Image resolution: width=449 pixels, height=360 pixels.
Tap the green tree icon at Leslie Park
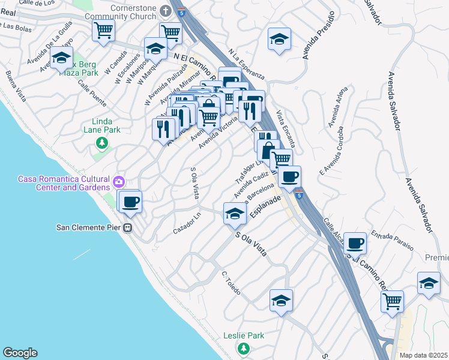[x=243, y=349]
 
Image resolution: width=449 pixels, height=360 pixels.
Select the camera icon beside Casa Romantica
[x=119, y=181]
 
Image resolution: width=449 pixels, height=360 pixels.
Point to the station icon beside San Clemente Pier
[x=127, y=227]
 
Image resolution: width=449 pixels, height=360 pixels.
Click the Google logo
[x=20, y=353]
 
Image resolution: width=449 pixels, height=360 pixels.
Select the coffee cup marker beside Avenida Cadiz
[x=289, y=176]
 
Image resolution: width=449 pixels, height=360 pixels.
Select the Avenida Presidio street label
[x=317, y=43]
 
